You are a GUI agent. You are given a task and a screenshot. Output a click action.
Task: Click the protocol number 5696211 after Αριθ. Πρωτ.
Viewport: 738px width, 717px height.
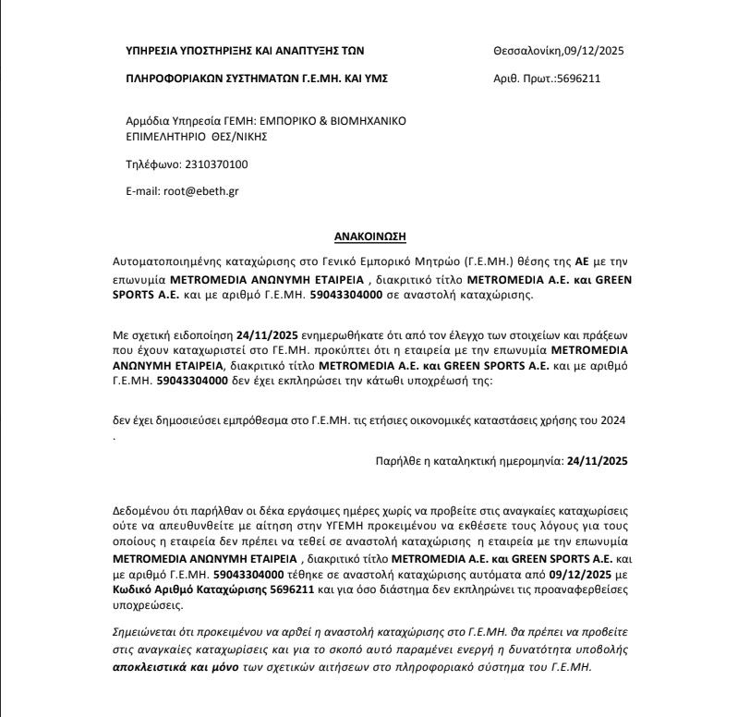(x=578, y=79)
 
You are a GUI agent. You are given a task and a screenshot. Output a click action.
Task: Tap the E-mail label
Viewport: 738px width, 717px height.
(x=142, y=192)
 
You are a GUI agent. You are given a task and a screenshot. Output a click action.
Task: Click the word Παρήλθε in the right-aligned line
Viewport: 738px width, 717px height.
(x=399, y=459)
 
